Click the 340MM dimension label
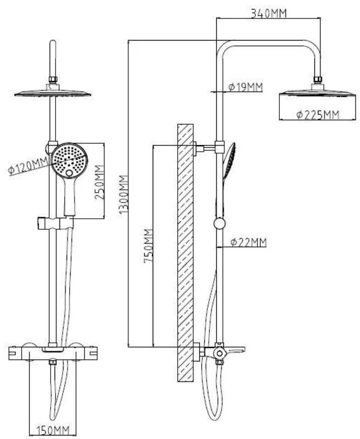tap(268, 13)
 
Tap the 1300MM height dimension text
tap(124, 195)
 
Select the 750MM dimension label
tap(148, 246)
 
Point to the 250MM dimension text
tap(99, 182)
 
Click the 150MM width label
tap(53, 430)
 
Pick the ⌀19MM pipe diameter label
tap(245, 87)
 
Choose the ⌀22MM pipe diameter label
tap(248, 242)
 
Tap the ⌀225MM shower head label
tap(318, 115)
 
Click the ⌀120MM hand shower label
tap(28, 166)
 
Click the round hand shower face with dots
tap(70, 160)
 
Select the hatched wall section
tap(185, 252)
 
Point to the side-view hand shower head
tap(229, 160)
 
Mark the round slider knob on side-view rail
tap(219, 224)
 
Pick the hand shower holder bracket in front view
tap(56, 223)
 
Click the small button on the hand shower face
tap(69, 173)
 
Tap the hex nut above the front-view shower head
tap(53, 80)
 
